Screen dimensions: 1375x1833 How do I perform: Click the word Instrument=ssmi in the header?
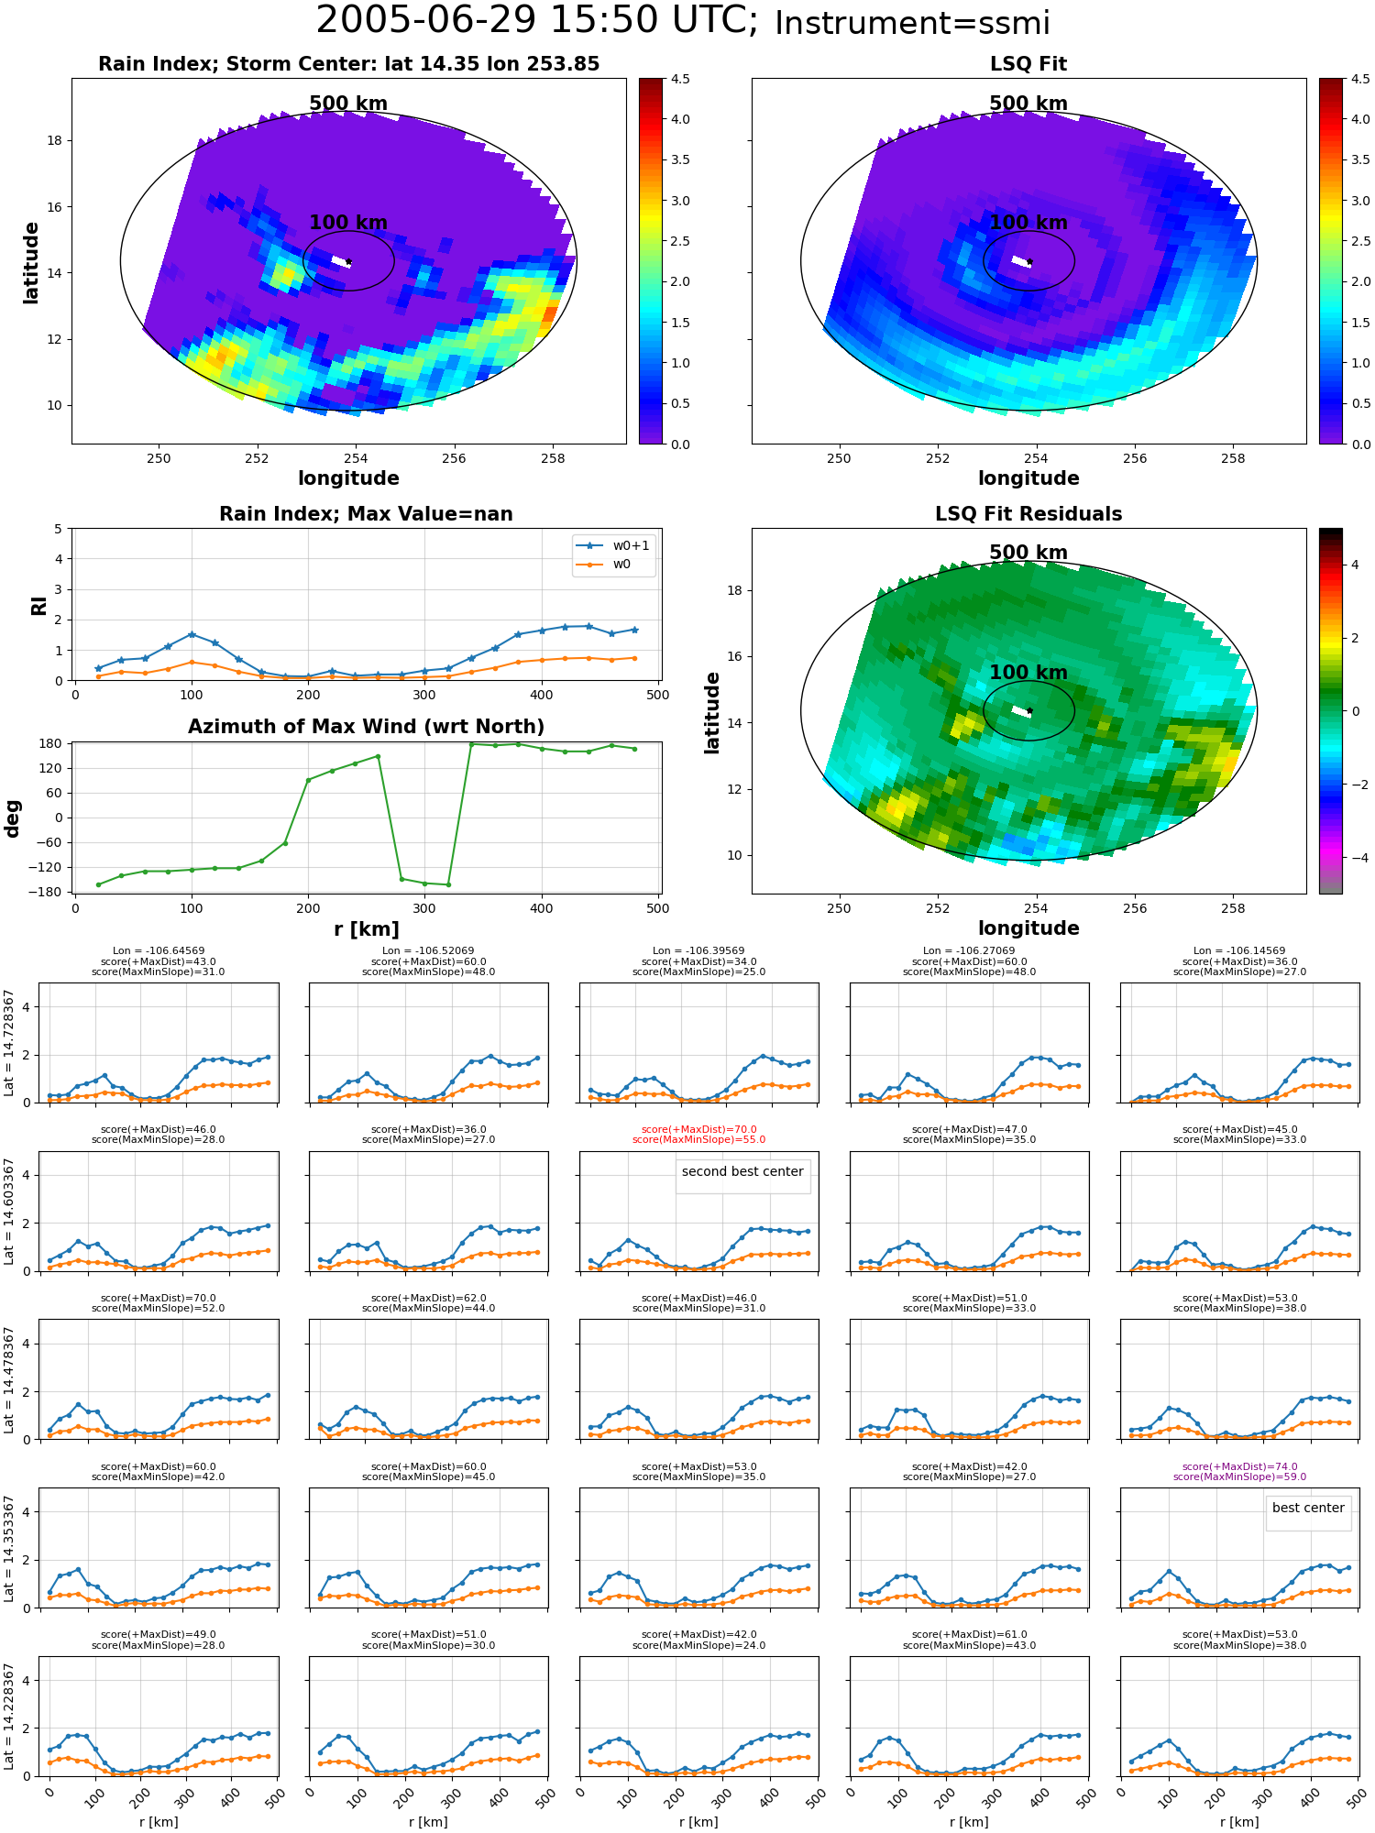[x=912, y=24]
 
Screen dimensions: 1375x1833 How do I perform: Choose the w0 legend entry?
[x=614, y=564]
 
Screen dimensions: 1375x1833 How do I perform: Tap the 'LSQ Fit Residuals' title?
[x=1028, y=514]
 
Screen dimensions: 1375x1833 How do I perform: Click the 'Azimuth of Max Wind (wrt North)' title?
[x=366, y=727]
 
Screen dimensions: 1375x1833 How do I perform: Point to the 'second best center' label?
[x=742, y=1171]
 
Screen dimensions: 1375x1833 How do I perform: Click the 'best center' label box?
[x=1308, y=1508]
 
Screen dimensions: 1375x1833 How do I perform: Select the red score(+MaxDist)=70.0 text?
[x=698, y=1129]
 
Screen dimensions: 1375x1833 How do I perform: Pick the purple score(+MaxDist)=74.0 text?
[x=1239, y=1466]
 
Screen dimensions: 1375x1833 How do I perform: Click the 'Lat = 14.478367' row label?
[x=9, y=1379]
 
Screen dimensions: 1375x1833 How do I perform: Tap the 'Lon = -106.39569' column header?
[x=698, y=950]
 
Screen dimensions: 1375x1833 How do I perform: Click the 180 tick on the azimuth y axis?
[x=51, y=743]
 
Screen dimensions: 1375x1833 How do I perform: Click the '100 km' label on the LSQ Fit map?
[x=1028, y=222]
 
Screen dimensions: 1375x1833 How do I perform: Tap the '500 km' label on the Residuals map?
[x=1028, y=553]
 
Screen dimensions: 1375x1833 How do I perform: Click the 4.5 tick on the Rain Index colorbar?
[x=680, y=79]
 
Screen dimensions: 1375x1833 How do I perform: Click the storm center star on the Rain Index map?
[x=348, y=262]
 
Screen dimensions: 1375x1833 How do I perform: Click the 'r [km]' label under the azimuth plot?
[x=366, y=929]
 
